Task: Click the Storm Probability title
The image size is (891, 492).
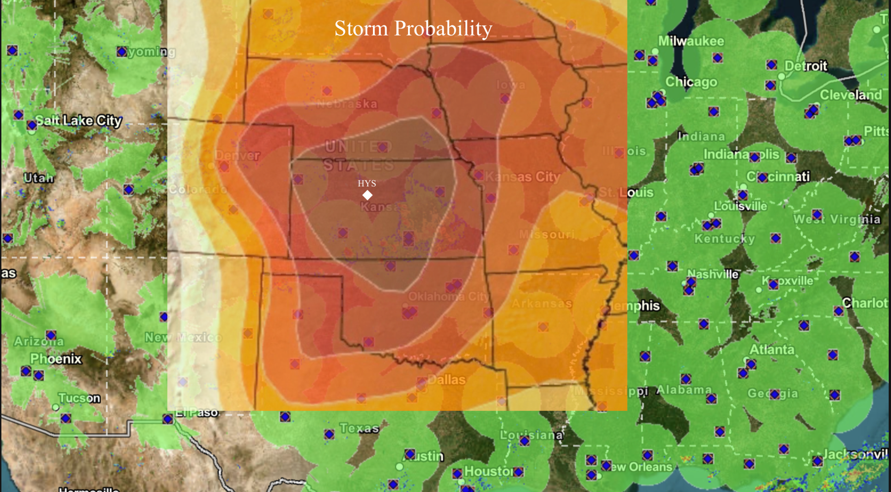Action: click(413, 29)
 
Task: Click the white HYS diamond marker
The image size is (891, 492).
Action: click(367, 195)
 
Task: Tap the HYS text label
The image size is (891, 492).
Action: click(367, 183)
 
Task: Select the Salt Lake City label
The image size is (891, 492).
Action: click(79, 121)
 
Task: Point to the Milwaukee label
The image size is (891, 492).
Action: click(691, 41)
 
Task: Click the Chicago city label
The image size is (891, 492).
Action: click(691, 82)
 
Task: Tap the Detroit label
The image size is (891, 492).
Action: click(806, 66)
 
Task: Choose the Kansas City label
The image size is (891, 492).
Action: click(522, 177)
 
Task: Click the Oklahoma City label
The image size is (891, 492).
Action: click(447, 296)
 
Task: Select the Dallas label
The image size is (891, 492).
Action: click(446, 380)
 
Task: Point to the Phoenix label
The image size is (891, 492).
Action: click(55, 359)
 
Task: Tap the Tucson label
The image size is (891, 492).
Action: click(79, 398)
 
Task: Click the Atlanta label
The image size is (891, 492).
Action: click(772, 349)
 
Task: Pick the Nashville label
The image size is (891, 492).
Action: click(713, 274)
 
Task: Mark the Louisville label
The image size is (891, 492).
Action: click(740, 206)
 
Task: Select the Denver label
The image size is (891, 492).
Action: click(238, 156)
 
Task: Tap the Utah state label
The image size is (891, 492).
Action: click(39, 178)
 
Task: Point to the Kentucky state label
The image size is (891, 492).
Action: click(724, 239)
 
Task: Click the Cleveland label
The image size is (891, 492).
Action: click(851, 95)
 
